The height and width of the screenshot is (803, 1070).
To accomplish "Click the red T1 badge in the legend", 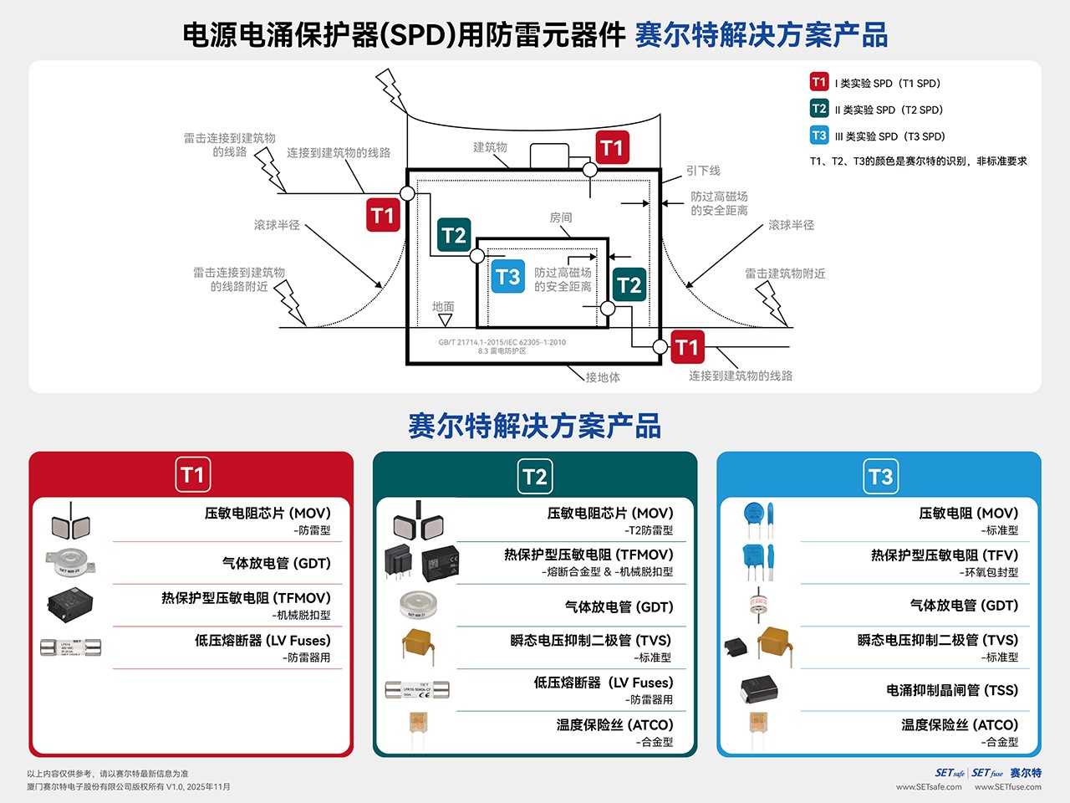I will click(818, 82).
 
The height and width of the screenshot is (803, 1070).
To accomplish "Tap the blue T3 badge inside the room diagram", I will click(507, 277).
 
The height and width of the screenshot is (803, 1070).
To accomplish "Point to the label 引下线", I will click(703, 171).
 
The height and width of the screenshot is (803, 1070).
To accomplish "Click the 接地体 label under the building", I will click(603, 377).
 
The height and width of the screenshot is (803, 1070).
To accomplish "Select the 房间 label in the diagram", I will click(561, 217).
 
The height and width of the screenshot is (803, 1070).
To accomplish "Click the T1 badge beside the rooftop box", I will click(612, 148).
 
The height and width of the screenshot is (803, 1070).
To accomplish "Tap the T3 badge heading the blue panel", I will click(880, 477).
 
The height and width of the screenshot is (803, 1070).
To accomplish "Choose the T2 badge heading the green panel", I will click(535, 477).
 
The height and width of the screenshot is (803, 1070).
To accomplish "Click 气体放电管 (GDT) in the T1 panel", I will click(277, 564).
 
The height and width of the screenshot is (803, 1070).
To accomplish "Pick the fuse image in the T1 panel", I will click(71, 647).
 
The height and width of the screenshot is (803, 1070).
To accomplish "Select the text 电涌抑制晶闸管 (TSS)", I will click(952, 690).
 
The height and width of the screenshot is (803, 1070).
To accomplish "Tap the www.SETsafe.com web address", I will click(929, 786).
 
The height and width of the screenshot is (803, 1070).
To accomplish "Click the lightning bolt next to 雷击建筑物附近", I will click(772, 303).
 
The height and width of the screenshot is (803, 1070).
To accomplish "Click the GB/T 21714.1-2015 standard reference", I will click(502, 342).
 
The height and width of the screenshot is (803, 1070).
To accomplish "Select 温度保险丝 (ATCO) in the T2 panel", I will click(614, 725).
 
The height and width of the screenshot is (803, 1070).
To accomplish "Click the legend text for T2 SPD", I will click(889, 110).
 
